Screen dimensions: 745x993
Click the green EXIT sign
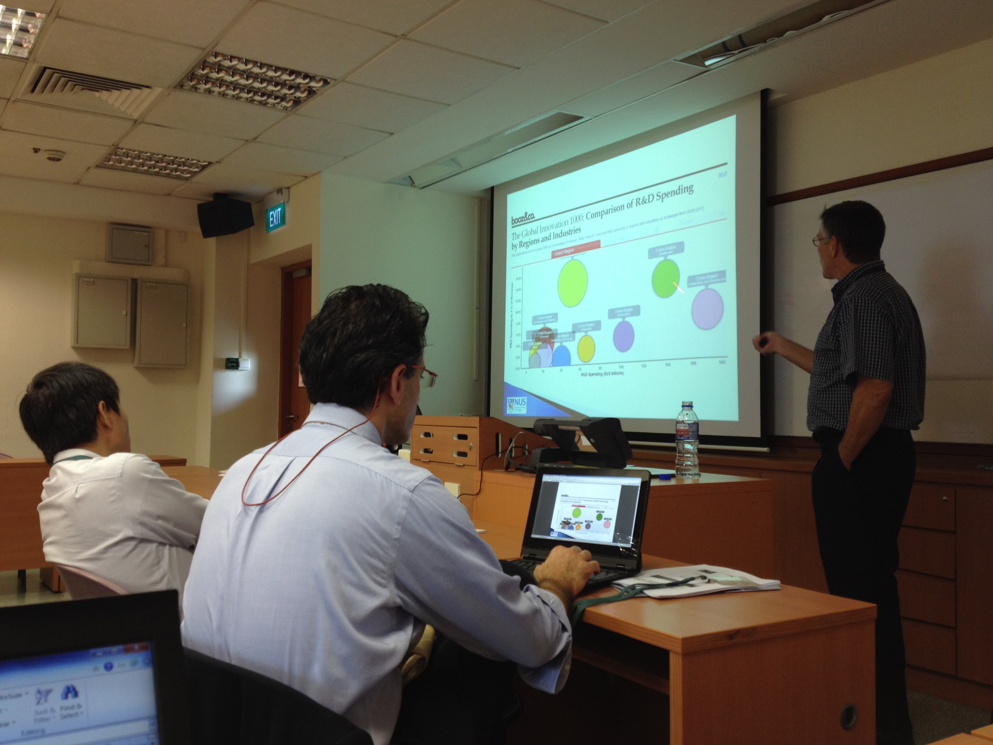275,217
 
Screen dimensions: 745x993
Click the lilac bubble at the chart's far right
708,309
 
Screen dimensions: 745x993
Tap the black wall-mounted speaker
225,217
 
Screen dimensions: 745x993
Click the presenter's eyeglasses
821,241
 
